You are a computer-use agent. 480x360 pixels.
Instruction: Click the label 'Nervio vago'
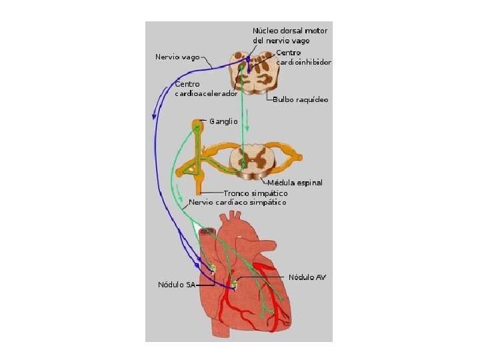pyautogui.click(x=177, y=57)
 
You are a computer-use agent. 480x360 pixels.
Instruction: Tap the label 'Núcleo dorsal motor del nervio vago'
pyautogui.click(x=289, y=35)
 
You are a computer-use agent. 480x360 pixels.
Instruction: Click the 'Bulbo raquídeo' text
pyautogui.click(x=301, y=99)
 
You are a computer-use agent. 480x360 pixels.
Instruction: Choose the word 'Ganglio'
pyautogui.click(x=223, y=122)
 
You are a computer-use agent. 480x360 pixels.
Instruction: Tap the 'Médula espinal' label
pyautogui.click(x=295, y=183)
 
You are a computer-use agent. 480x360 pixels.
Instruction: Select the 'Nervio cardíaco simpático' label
pyautogui.click(x=238, y=202)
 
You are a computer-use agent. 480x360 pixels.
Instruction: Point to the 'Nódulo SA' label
pyautogui.click(x=176, y=285)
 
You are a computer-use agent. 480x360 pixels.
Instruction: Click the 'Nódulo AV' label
pyautogui.click(x=307, y=277)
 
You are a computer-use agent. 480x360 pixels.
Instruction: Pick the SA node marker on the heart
pyautogui.click(x=213, y=268)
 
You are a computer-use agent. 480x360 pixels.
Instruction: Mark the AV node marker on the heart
pyautogui.click(x=234, y=285)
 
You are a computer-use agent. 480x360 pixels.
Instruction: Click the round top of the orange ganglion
pyautogui.click(x=197, y=125)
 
